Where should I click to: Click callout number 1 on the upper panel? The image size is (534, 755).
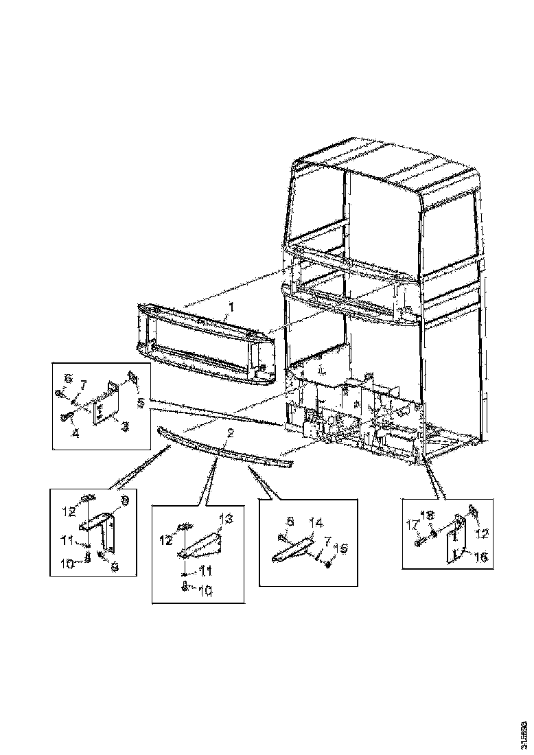click(x=231, y=307)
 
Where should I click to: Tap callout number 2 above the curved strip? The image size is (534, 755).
click(x=231, y=433)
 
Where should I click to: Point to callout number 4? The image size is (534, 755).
click(x=76, y=432)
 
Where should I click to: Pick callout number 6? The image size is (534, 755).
click(x=68, y=379)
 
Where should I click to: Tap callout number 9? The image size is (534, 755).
click(x=115, y=568)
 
